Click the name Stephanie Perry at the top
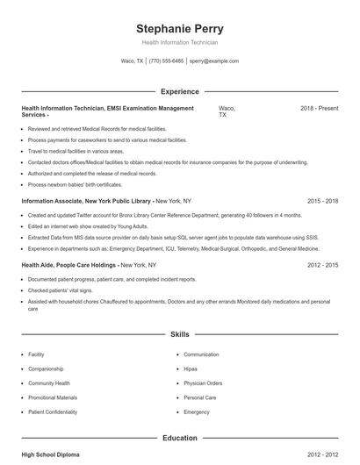point(179,28)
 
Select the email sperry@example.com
point(213,61)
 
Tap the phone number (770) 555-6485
point(167,61)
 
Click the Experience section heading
point(179,91)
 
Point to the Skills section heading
point(179,334)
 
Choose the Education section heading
point(179,437)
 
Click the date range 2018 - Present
point(319,108)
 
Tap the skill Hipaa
point(190,368)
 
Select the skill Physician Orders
point(203,383)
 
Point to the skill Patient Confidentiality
point(58,411)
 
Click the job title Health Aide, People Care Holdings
point(69,264)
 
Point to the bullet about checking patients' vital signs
point(61,290)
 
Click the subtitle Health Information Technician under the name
point(179,42)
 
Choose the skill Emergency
point(197,411)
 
